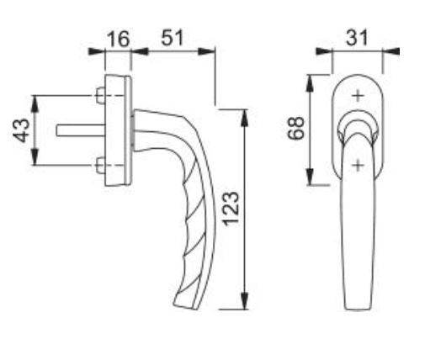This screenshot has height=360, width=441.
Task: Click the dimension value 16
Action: point(119,39)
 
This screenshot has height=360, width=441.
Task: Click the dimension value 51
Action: point(173,37)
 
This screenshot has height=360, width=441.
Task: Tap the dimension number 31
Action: point(357,38)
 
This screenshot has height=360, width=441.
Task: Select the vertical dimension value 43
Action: point(21,130)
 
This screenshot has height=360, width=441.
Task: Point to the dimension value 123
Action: point(231,209)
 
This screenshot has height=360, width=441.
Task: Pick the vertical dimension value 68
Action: point(296,128)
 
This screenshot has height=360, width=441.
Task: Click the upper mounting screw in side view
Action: point(100,96)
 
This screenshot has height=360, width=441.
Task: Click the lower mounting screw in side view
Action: point(100,165)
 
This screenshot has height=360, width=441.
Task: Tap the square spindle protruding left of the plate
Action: point(81,130)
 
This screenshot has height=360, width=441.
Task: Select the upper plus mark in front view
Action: point(358,96)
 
